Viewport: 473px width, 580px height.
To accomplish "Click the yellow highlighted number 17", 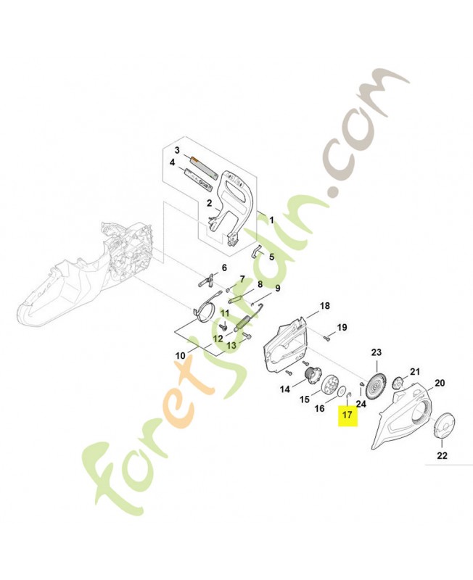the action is pyautogui.click(x=347, y=414).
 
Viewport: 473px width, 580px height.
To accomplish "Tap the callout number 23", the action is pyautogui.click(x=376, y=352).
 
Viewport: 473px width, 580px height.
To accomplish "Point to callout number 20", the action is pyautogui.click(x=440, y=383).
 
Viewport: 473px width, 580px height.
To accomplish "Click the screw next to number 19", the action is pyautogui.click(x=326, y=337).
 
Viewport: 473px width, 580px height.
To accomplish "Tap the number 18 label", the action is pyautogui.click(x=324, y=306).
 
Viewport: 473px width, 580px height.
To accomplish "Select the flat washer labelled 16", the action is pyautogui.click(x=342, y=392).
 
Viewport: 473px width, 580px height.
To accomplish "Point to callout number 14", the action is pyautogui.click(x=284, y=389).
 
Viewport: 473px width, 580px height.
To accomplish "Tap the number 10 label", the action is pyautogui.click(x=180, y=356).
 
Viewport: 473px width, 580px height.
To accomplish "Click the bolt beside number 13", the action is pyautogui.click(x=247, y=336).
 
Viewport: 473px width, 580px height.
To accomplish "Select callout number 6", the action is pyautogui.click(x=224, y=268).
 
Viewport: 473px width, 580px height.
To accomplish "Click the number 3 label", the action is pyautogui.click(x=177, y=150).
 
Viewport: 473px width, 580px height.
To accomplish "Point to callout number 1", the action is pyautogui.click(x=271, y=220).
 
